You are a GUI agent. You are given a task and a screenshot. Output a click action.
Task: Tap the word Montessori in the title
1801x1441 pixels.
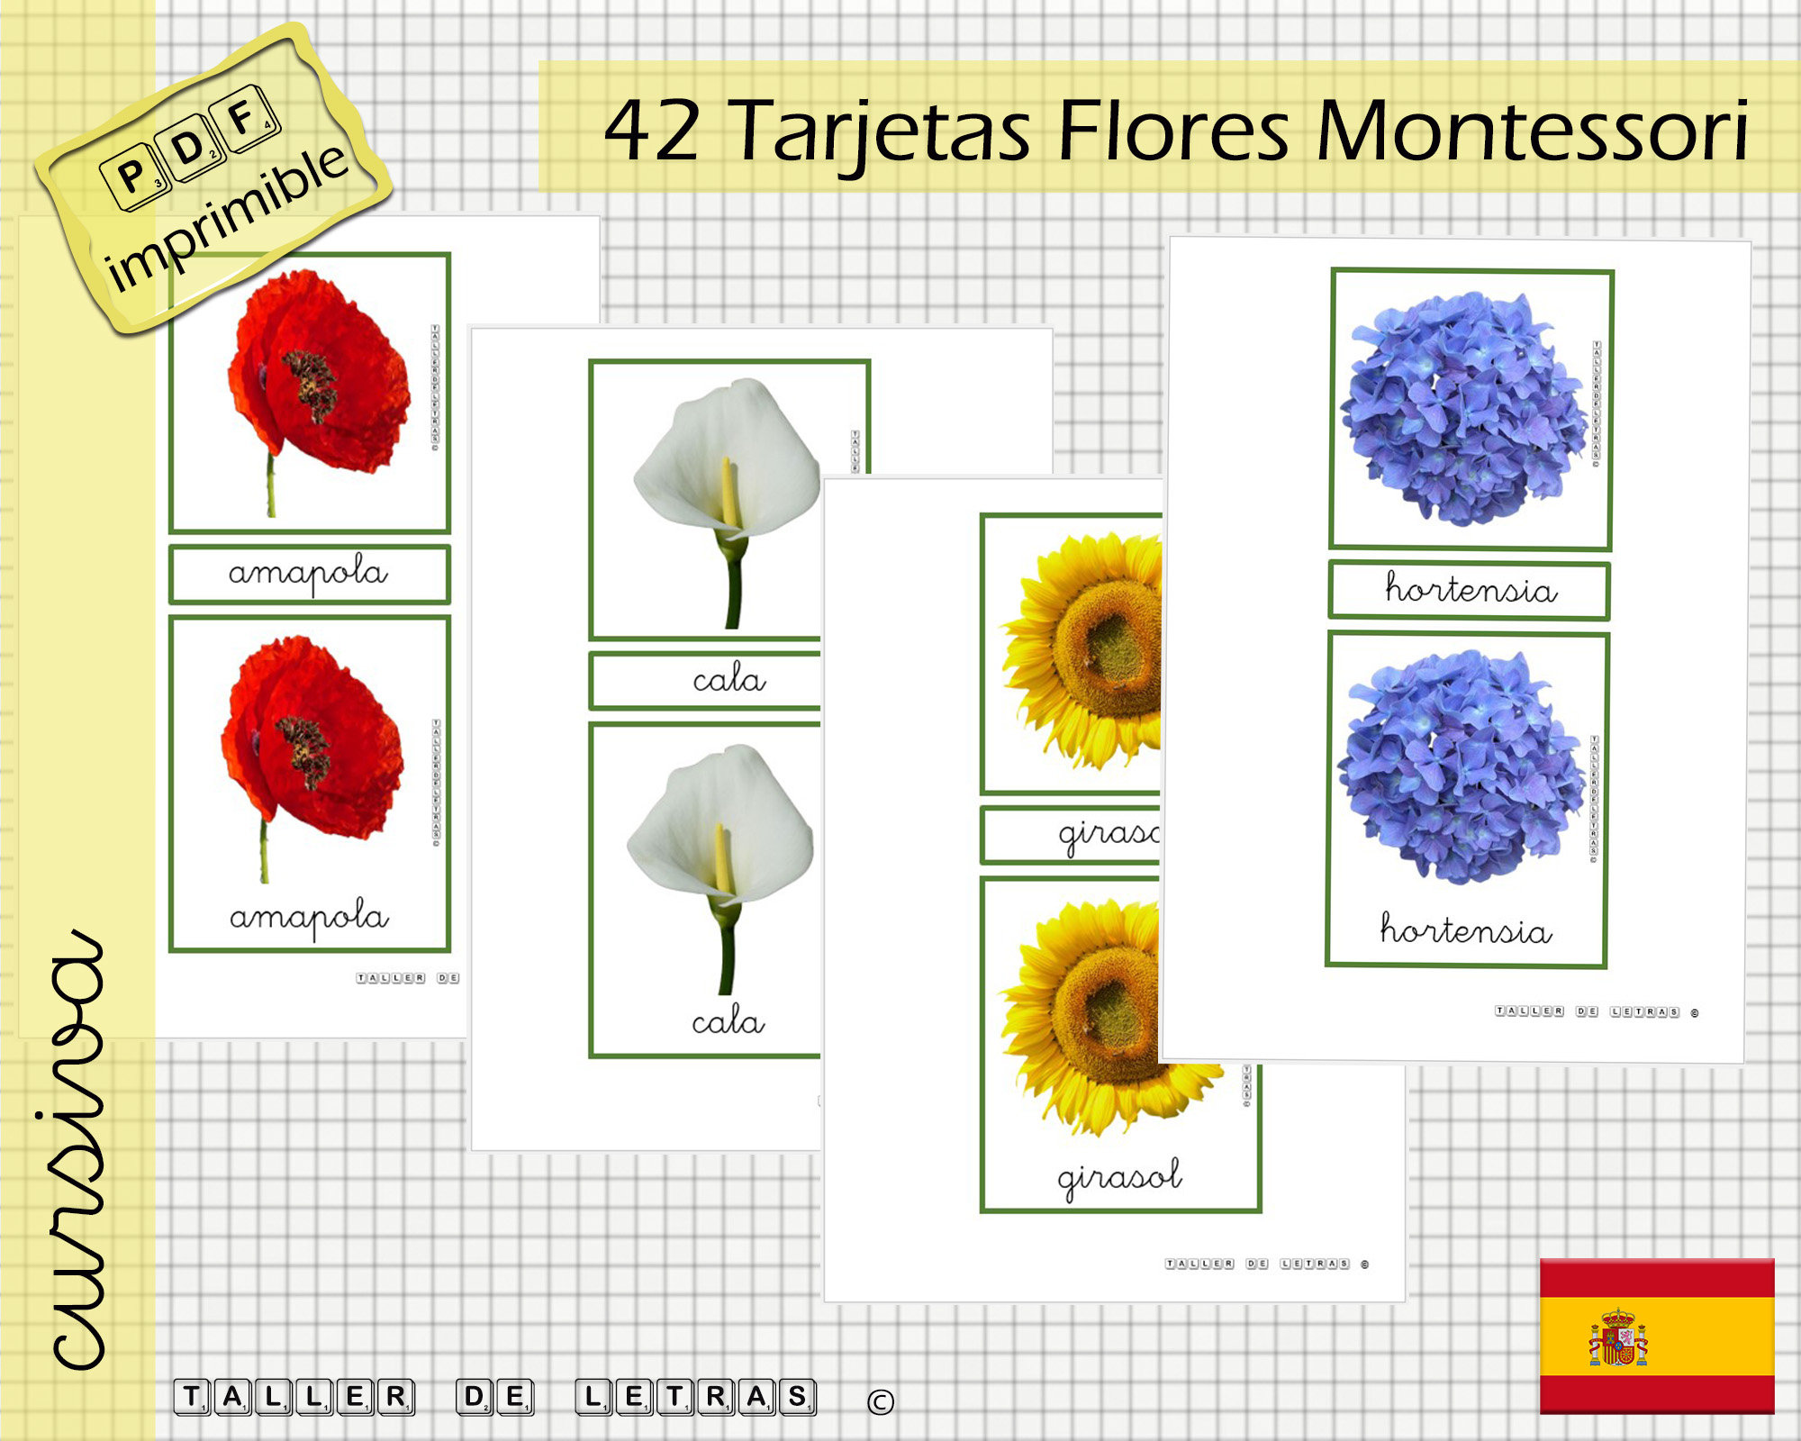point(1531,131)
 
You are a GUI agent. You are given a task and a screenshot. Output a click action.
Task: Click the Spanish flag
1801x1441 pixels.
point(1656,1336)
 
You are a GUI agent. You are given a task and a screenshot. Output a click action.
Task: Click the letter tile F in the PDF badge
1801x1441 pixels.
point(243,117)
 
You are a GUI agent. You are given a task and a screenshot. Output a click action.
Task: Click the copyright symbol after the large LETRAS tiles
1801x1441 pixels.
point(880,1401)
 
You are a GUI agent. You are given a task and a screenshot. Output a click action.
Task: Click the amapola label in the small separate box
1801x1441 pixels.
point(309,574)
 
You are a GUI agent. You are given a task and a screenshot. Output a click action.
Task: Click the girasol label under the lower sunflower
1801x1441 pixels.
point(1119,1177)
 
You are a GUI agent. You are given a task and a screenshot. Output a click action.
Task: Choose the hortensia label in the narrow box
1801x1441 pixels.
point(1470,590)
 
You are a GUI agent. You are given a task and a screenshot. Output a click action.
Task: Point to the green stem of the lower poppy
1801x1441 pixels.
point(264,851)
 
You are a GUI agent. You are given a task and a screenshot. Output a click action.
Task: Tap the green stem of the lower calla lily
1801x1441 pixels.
point(726,955)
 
